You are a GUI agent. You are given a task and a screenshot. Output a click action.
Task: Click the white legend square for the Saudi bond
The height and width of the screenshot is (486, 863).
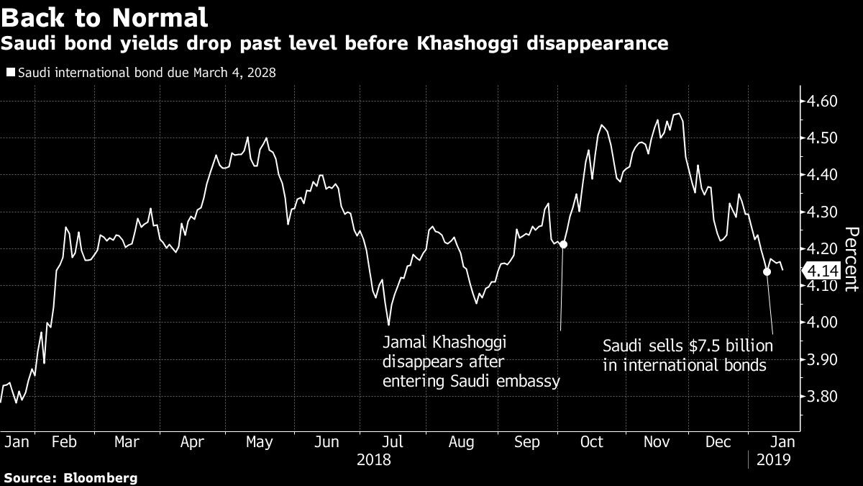pyautogui.click(x=10, y=73)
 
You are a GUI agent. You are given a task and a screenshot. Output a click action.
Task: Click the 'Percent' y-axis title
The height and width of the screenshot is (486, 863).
pyautogui.click(x=851, y=260)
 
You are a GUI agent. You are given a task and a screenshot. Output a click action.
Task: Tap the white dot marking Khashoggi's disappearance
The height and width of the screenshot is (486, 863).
pyautogui.click(x=563, y=245)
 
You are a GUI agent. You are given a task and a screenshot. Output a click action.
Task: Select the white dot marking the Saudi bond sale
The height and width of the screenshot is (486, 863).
pyautogui.click(x=767, y=271)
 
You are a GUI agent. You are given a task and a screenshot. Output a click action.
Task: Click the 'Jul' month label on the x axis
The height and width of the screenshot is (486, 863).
pyautogui.click(x=393, y=441)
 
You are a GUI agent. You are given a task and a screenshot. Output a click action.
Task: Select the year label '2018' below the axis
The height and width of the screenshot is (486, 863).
pyautogui.click(x=373, y=459)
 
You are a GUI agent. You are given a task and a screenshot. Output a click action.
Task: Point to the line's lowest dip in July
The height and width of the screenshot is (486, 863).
pyautogui.click(x=388, y=325)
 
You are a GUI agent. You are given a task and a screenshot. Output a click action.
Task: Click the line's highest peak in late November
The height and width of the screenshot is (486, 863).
pyautogui.click(x=677, y=114)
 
